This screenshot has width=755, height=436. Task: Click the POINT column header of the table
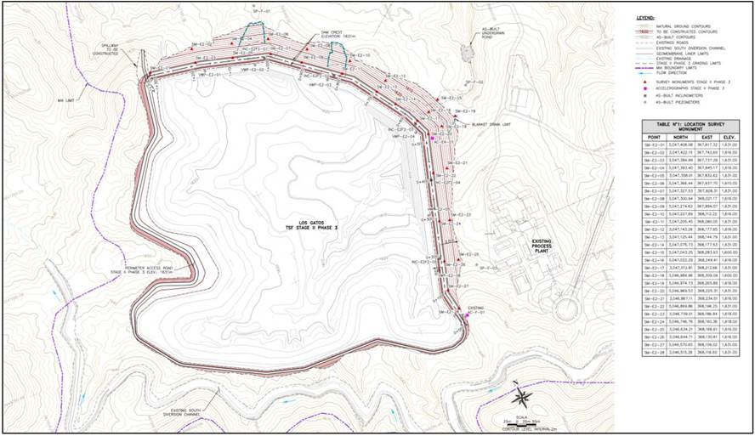pos(654,136)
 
